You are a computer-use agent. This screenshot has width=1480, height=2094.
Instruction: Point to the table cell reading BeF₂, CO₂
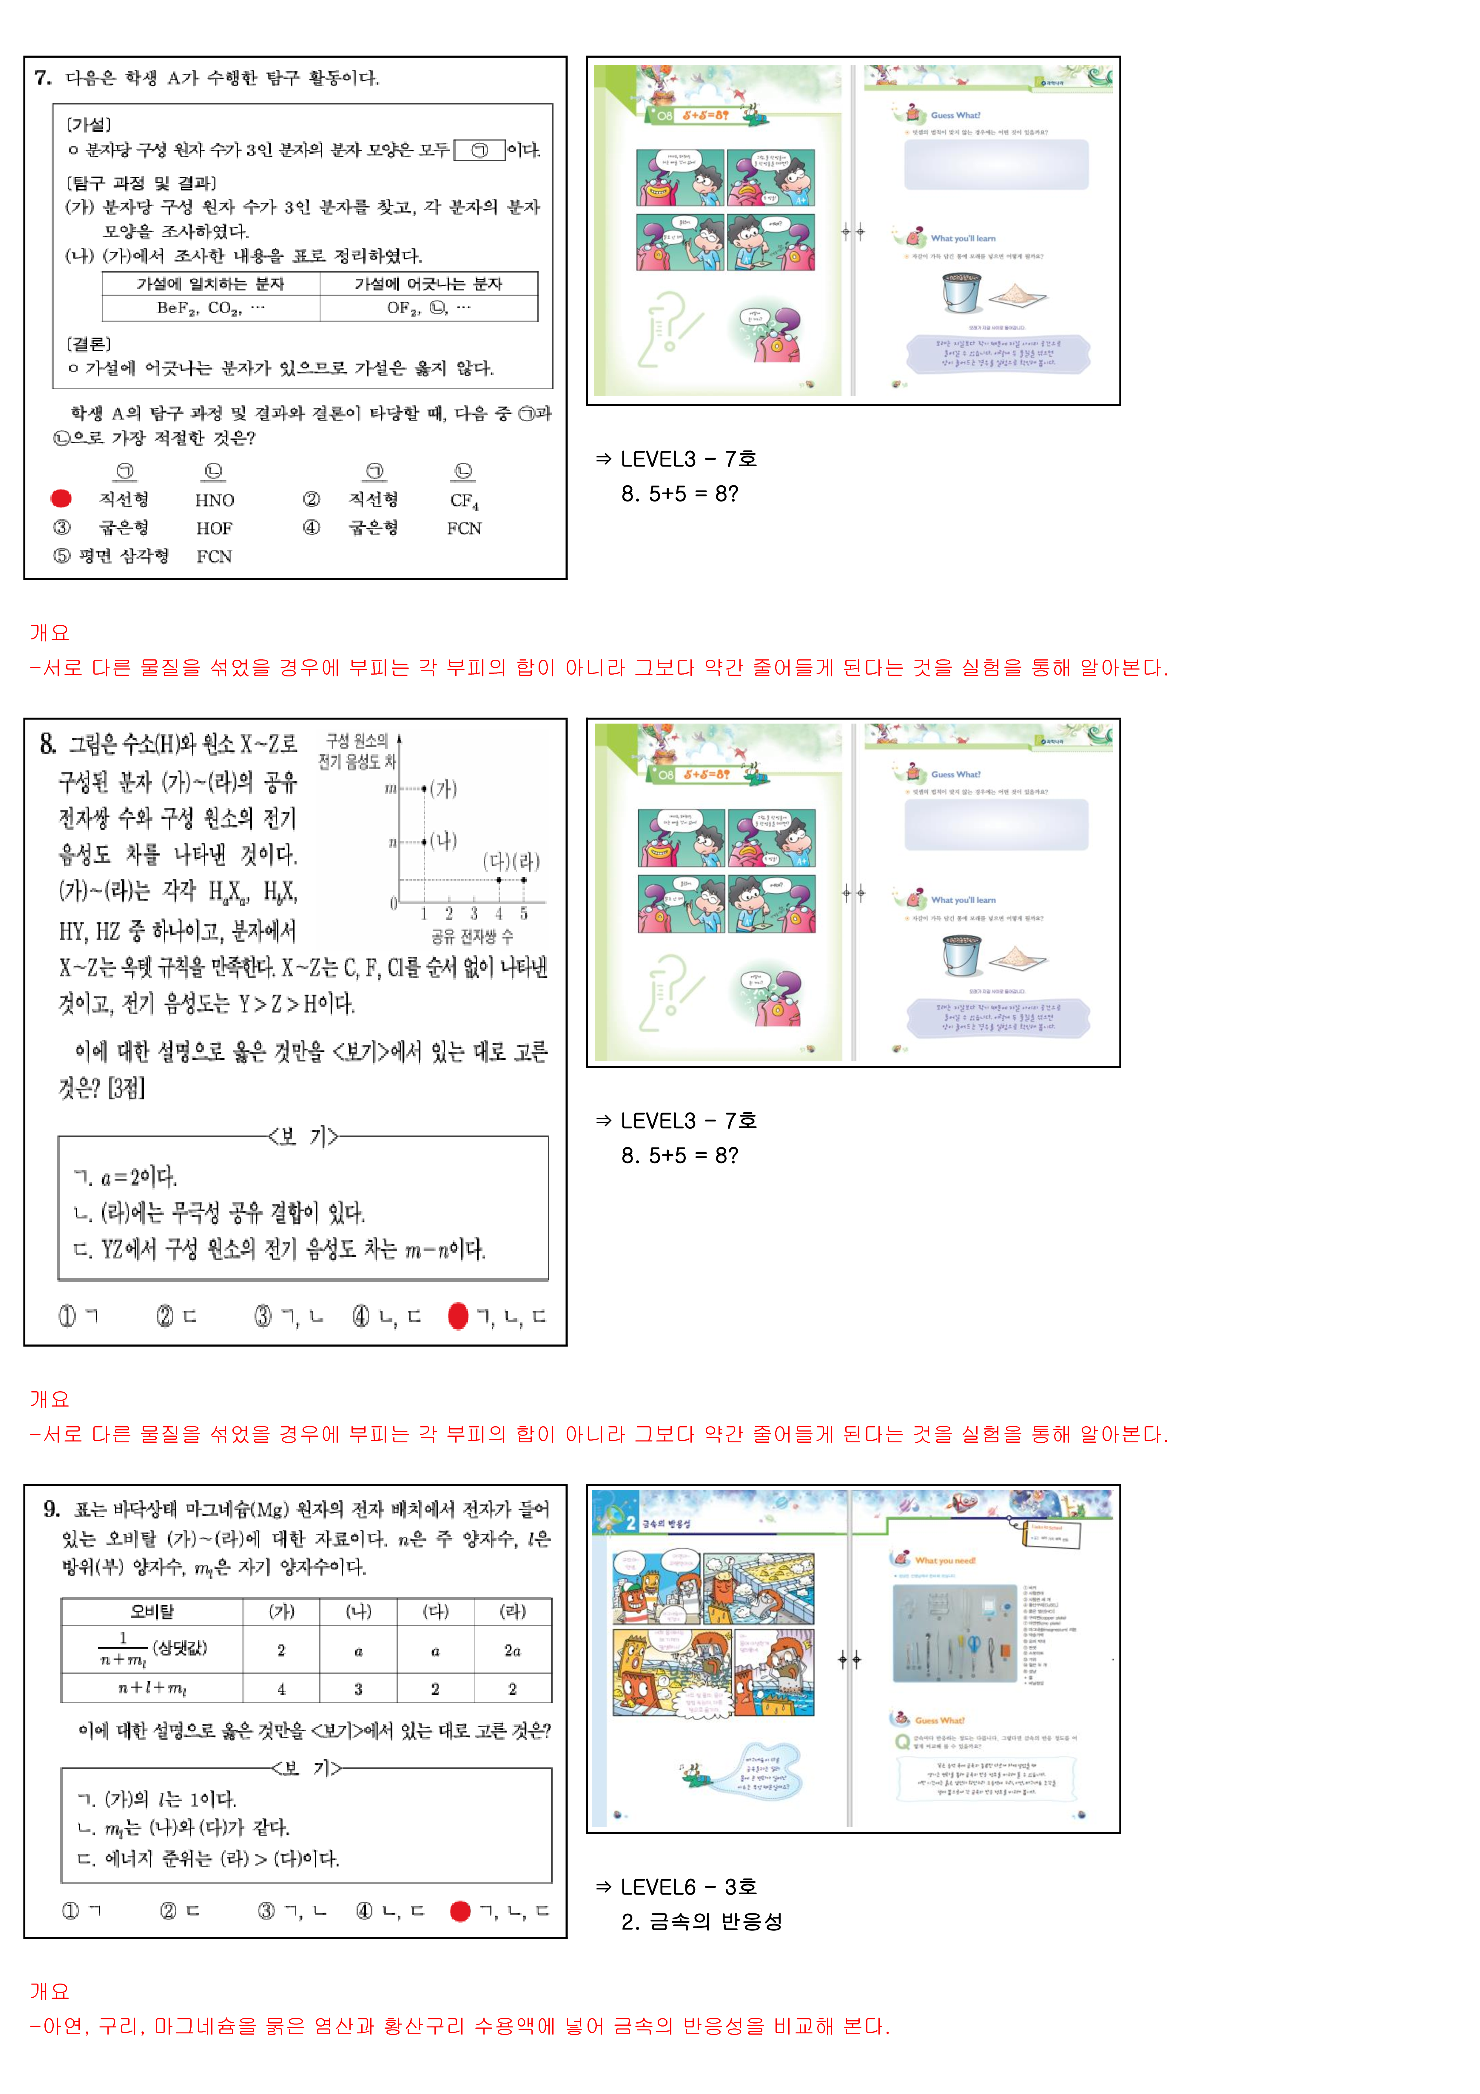211,308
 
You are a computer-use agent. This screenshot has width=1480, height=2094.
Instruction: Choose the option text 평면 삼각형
124,556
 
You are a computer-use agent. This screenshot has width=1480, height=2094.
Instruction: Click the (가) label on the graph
443,789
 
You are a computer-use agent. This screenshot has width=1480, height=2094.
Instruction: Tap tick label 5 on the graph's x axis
523,914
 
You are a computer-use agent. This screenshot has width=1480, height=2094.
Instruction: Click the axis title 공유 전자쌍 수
472,937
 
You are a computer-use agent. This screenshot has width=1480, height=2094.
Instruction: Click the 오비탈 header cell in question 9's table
152,1612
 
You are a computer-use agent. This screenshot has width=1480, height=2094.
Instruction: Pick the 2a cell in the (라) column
513,1651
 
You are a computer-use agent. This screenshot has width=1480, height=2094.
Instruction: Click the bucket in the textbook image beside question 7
961,292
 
